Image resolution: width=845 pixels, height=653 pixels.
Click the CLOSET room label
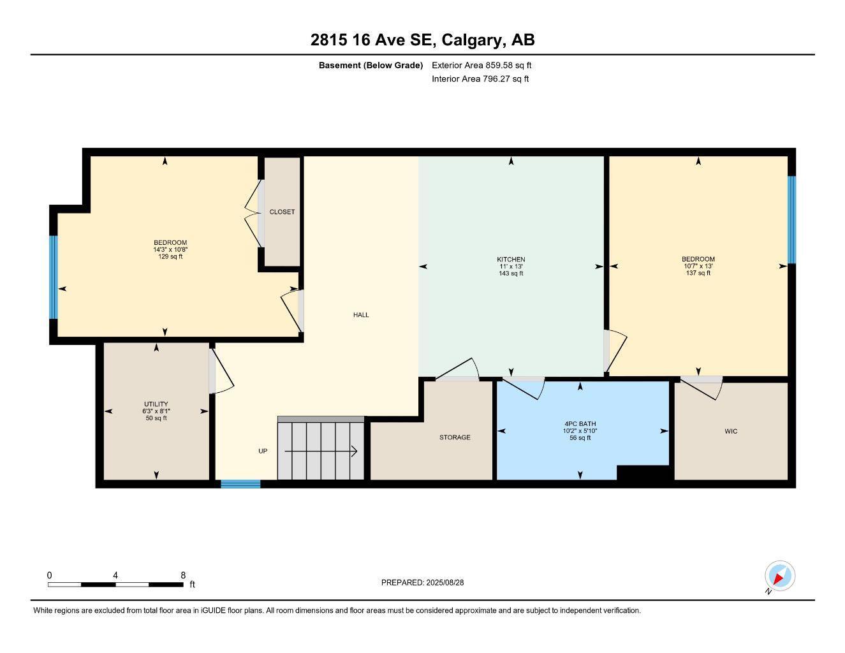coord(282,212)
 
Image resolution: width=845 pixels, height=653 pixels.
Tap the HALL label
coord(361,314)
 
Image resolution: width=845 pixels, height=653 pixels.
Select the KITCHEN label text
coord(511,260)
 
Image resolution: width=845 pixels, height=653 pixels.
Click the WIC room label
coord(731,432)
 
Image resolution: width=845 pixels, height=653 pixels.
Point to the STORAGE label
coord(455,437)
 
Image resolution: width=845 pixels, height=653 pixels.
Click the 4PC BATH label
coord(580,423)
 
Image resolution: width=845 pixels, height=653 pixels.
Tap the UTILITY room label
coord(156,404)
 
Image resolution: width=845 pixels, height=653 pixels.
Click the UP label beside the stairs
coord(263,451)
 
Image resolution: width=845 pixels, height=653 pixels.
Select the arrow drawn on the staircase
coord(320,451)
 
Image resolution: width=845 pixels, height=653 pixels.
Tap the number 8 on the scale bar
coord(183,575)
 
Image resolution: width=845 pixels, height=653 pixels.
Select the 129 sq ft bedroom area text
coord(170,257)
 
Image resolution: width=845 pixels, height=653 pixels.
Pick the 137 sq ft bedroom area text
coord(698,273)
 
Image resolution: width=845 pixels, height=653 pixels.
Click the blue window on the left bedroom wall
coord(54,277)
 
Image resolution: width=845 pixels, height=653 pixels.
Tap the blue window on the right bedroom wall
coord(791,219)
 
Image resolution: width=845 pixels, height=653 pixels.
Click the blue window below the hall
coord(240,484)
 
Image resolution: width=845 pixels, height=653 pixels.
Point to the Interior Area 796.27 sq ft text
coord(480,79)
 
